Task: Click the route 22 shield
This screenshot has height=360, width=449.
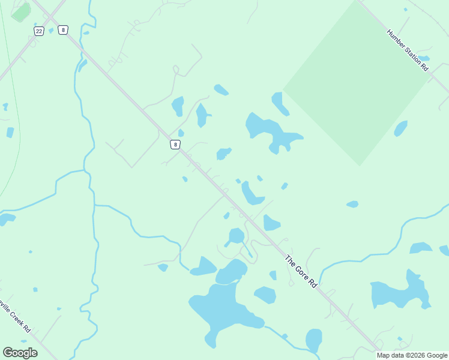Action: pyautogui.click(x=39, y=31)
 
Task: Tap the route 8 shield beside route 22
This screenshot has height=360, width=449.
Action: pyautogui.click(x=62, y=30)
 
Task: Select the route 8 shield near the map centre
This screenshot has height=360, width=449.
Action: pyautogui.click(x=175, y=144)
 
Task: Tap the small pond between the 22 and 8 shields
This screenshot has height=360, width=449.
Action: pyautogui.click(x=51, y=31)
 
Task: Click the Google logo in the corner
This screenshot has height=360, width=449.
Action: pyautogui.click(x=20, y=353)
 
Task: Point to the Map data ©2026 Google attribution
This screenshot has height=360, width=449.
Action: pyautogui.click(x=412, y=355)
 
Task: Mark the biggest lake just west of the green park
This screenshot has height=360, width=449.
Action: pyautogui.click(x=267, y=129)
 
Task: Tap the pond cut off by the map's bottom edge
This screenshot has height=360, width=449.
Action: pyautogui.click(x=314, y=341)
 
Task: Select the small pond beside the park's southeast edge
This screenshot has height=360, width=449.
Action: pyautogui.click(x=400, y=128)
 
